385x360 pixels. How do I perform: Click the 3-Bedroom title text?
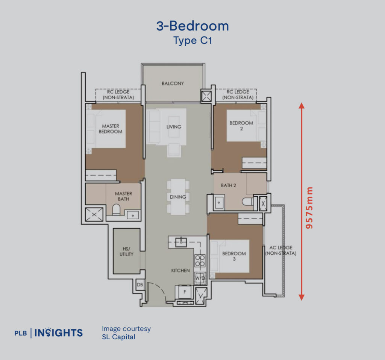click(x=192, y=26)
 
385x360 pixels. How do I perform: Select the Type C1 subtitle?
click(x=192, y=41)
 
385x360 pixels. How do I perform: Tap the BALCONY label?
click(x=173, y=84)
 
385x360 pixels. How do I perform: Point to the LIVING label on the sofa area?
click(x=174, y=127)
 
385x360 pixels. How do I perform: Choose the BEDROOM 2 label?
click(x=241, y=126)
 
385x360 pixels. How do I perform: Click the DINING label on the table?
click(x=178, y=197)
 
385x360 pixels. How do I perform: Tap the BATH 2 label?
click(x=229, y=185)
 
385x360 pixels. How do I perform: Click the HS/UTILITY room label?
click(x=126, y=252)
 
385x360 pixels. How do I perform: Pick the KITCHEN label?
click(x=180, y=270)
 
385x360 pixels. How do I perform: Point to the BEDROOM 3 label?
click(x=234, y=256)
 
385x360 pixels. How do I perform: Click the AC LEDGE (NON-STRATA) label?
click(x=280, y=251)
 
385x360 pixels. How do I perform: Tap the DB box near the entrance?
click(x=139, y=285)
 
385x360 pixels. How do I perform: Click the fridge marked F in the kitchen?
click(x=184, y=292)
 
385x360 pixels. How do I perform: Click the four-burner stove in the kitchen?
click(x=200, y=260)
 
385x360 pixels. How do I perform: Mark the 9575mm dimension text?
click(x=309, y=208)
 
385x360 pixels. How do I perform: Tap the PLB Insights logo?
click(x=49, y=333)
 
